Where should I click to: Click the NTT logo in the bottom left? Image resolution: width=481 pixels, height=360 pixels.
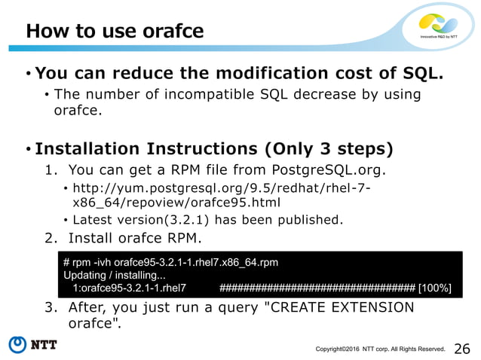33,345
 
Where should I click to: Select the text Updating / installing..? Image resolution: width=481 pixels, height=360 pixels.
115,275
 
